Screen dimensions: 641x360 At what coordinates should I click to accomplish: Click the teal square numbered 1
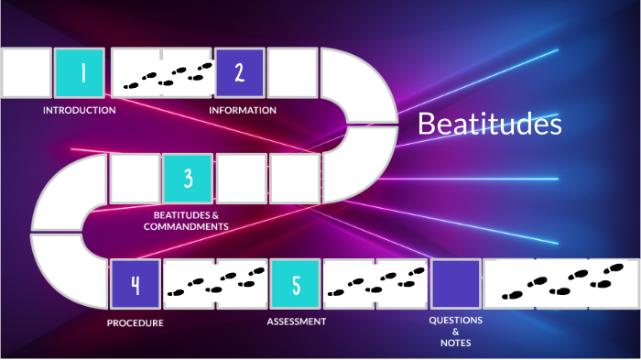79,73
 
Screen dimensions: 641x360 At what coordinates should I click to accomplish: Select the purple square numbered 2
240,73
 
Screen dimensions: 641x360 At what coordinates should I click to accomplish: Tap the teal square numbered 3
188,179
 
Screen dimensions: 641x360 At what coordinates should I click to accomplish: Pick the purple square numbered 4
135,284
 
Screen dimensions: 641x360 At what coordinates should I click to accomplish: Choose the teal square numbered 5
296,284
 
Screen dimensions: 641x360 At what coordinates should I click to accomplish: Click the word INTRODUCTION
80,110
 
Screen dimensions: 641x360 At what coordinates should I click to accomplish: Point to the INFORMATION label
243,110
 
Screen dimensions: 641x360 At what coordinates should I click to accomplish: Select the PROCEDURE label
135,322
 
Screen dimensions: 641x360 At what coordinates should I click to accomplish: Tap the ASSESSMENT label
297,322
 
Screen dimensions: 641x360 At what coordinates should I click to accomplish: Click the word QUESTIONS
455,320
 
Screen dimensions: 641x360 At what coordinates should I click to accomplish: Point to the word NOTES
455,342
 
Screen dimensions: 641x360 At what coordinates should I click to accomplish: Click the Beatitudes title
489,125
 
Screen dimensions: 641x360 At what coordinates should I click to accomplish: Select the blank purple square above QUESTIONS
456,284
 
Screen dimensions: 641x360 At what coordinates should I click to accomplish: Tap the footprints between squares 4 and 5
215,284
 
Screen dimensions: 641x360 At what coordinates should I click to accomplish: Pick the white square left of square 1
26,73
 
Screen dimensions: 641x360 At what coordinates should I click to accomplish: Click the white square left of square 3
135,179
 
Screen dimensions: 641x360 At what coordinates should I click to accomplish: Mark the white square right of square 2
293,73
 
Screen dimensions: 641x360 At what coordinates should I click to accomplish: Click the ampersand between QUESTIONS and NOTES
455,331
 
